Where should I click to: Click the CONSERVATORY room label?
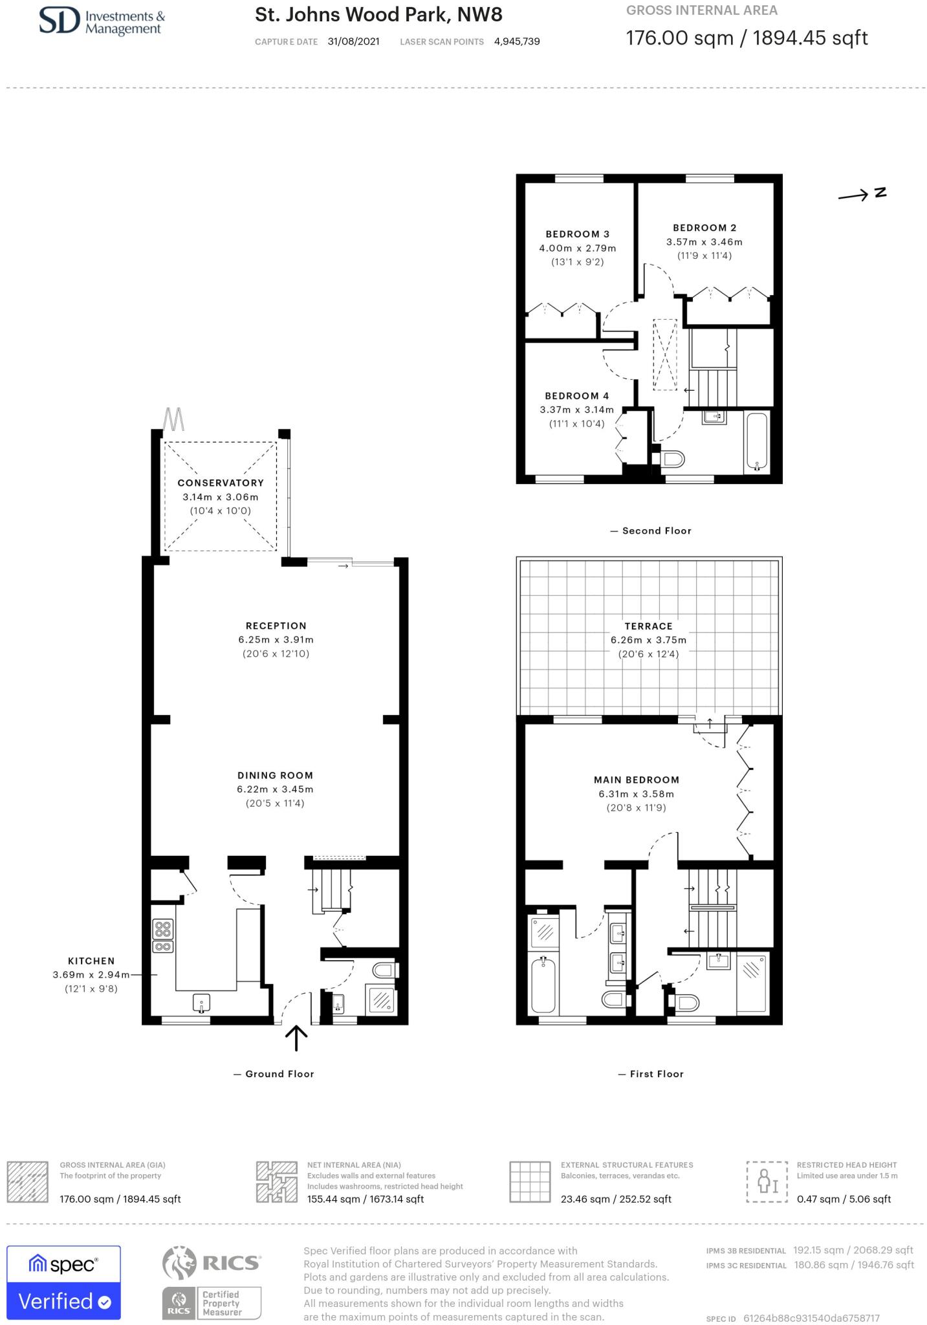221,483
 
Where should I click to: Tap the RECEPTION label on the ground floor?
276,626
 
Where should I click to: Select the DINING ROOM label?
275,775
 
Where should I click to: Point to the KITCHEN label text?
91,961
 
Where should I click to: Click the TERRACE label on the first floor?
649,626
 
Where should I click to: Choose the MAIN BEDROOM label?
637,780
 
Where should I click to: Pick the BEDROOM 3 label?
577,234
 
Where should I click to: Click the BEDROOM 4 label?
577,396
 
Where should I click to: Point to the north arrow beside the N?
853,195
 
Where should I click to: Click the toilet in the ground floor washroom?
386,970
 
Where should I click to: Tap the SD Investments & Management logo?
102,21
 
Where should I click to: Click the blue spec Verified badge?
63,1282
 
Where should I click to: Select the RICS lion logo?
179,1263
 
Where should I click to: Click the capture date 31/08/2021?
354,41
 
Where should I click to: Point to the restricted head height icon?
767,1182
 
